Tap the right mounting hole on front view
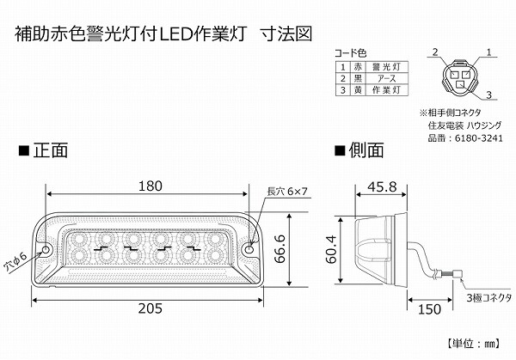pyautogui.click(x=250, y=250)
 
